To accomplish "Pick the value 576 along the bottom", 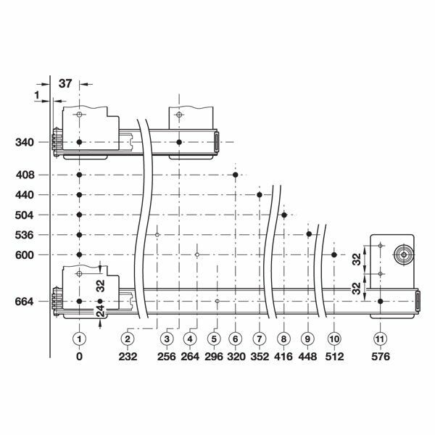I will pyautogui.click(x=380, y=357).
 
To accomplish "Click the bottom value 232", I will pyautogui.click(x=127, y=357).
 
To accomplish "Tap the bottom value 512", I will pyautogui.click(x=333, y=357).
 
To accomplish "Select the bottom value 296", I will pyautogui.click(x=213, y=357).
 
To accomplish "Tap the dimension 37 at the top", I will pyautogui.click(x=65, y=83).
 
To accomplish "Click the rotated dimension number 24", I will pyautogui.click(x=101, y=313).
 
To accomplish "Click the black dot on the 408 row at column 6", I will pyautogui.click(x=236, y=175).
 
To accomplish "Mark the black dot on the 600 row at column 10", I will pyautogui.click(x=333, y=254).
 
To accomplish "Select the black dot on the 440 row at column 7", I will pyautogui.click(x=260, y=195).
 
